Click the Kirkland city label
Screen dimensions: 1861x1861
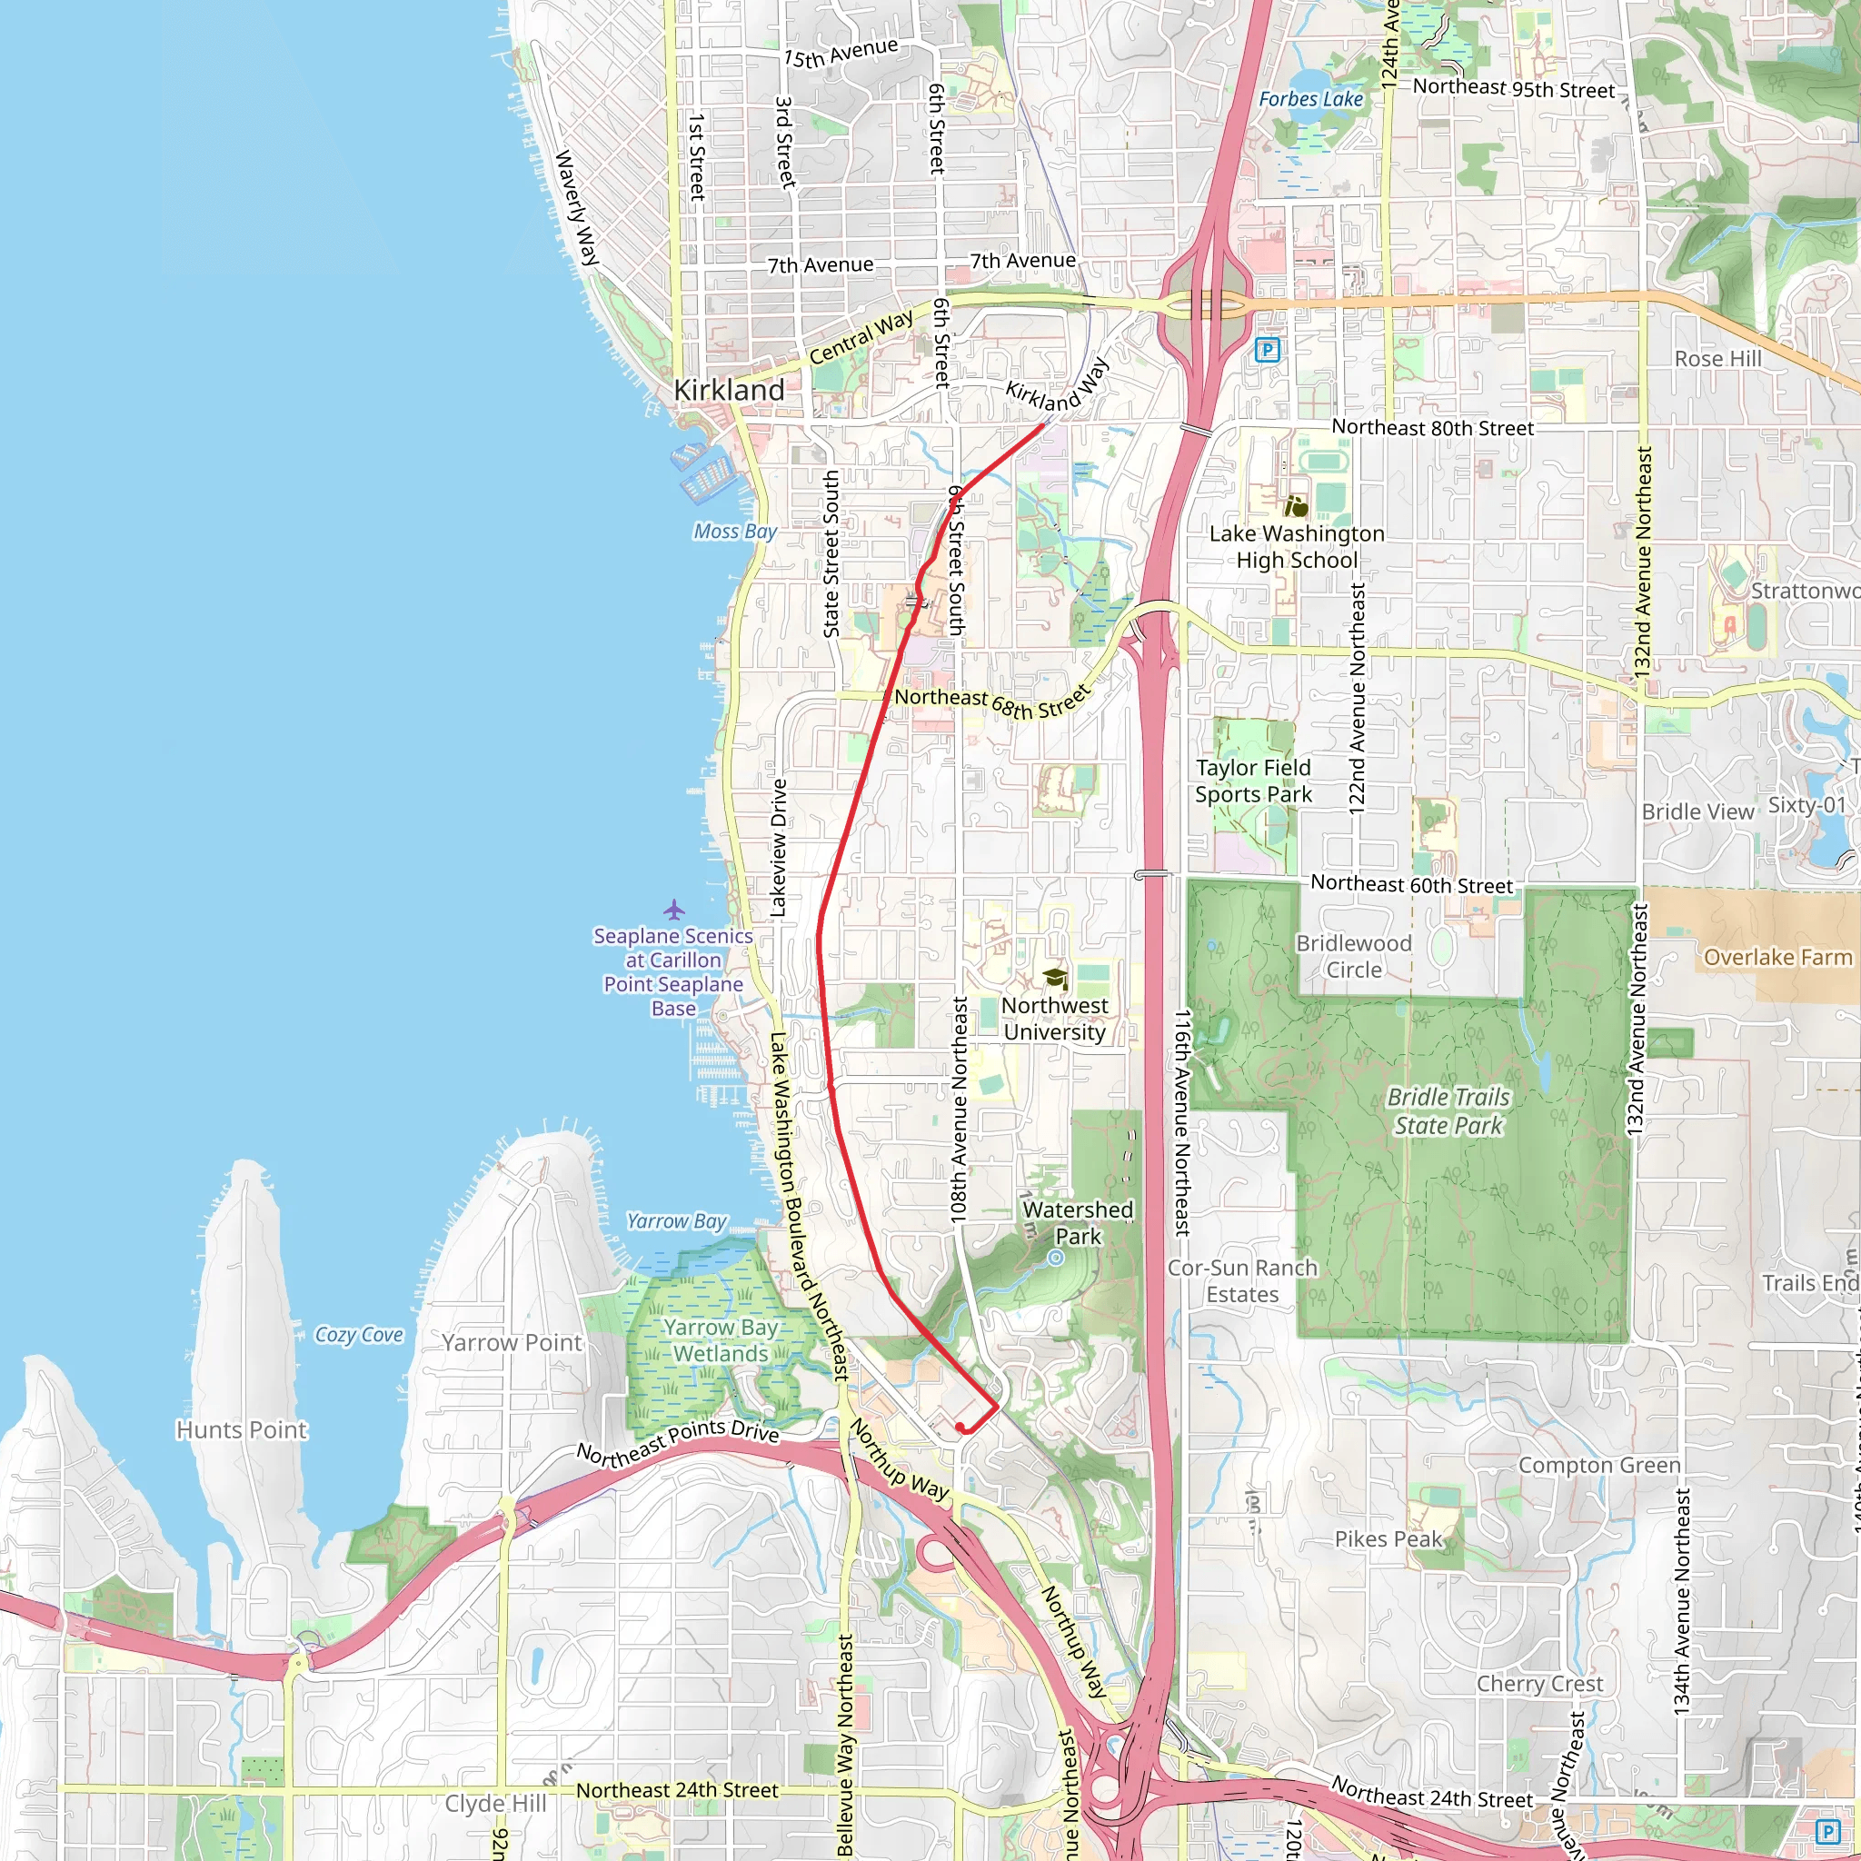click(x=728, y=390)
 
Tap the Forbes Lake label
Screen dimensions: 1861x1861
click(x=1311, y=99)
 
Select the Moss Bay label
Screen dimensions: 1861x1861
click(x=735, y=532)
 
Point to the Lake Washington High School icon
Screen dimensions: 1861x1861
click(x=1297, y=506)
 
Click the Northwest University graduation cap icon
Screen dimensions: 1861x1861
click(x=1055, y=979)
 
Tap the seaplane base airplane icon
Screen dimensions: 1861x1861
click(x=674, y=909)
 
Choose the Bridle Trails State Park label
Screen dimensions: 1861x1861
click(x=1448, y=1110)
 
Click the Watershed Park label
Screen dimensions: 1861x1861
click(x=1078, y=1222)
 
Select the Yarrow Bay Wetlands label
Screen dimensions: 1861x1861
click(x=721, y=1340)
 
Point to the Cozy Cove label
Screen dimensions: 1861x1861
click(x=358, y=1334)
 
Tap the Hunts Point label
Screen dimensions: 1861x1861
click(x=242, y=1429)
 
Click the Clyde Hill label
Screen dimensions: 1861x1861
click(x=495, y=1803)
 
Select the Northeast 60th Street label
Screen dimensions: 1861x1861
click(x=1411, y=883)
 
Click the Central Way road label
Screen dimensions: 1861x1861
click(x=861, y=337)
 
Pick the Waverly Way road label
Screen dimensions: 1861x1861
click(x=577, y=208)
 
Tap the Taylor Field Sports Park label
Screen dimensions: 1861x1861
click(x=1253, y=781)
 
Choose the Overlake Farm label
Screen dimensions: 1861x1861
click(x=1777, y=957)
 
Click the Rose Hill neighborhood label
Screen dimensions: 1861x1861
click(x=1717, y=358)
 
